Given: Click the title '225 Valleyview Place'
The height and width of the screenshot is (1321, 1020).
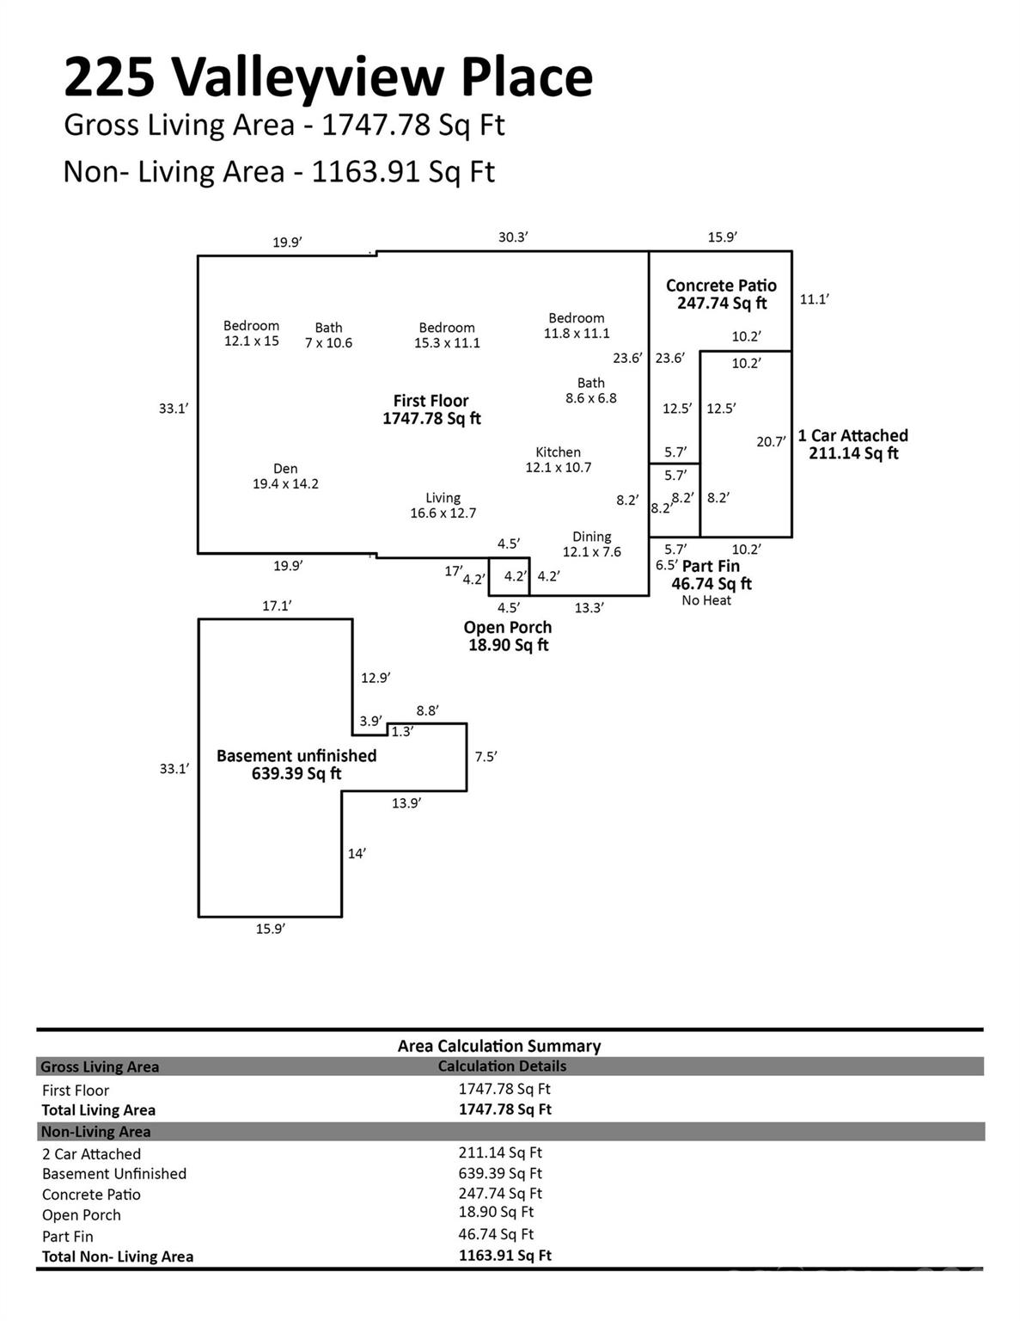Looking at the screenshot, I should click(328, 77).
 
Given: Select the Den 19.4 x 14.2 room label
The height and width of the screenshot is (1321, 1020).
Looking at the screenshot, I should click(285, 476).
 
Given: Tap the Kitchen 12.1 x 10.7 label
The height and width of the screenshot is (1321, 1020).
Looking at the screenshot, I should click(558, 460).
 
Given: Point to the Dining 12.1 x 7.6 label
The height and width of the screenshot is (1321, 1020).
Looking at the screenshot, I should click(591, 544).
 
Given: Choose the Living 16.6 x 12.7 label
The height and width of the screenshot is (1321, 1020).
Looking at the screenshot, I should click(443, 506).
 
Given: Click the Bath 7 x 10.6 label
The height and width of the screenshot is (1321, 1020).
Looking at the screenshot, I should click(328, 335).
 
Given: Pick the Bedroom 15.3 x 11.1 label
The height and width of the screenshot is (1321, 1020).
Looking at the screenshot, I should click(447, 335).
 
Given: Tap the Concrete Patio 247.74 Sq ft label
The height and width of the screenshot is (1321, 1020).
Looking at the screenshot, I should click(721, 294).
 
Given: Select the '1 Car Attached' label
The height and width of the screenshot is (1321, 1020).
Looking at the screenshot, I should click(852, 436).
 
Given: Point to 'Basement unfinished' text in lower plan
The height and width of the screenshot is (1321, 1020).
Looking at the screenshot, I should click(296, 756).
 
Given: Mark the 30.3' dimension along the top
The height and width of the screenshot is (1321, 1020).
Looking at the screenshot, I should click(513, 237).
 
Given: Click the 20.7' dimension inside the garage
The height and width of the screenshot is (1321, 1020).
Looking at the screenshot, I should click(771, 442).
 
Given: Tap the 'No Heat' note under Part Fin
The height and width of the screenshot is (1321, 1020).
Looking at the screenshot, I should click(706, 601).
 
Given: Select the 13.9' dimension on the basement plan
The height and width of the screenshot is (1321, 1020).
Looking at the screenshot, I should click(406, 803).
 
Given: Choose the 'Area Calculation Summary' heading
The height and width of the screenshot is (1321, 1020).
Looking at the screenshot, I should click(499, 1046).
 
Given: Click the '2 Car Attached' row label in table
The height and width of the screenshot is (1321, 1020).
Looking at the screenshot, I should click(91, 1154).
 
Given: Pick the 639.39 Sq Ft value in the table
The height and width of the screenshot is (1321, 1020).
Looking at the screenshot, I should click(500, 1173).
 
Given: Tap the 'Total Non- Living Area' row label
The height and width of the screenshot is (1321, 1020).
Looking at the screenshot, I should click(118, 1256).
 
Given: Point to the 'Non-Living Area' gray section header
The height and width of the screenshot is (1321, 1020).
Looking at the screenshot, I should click(95, 1132).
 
